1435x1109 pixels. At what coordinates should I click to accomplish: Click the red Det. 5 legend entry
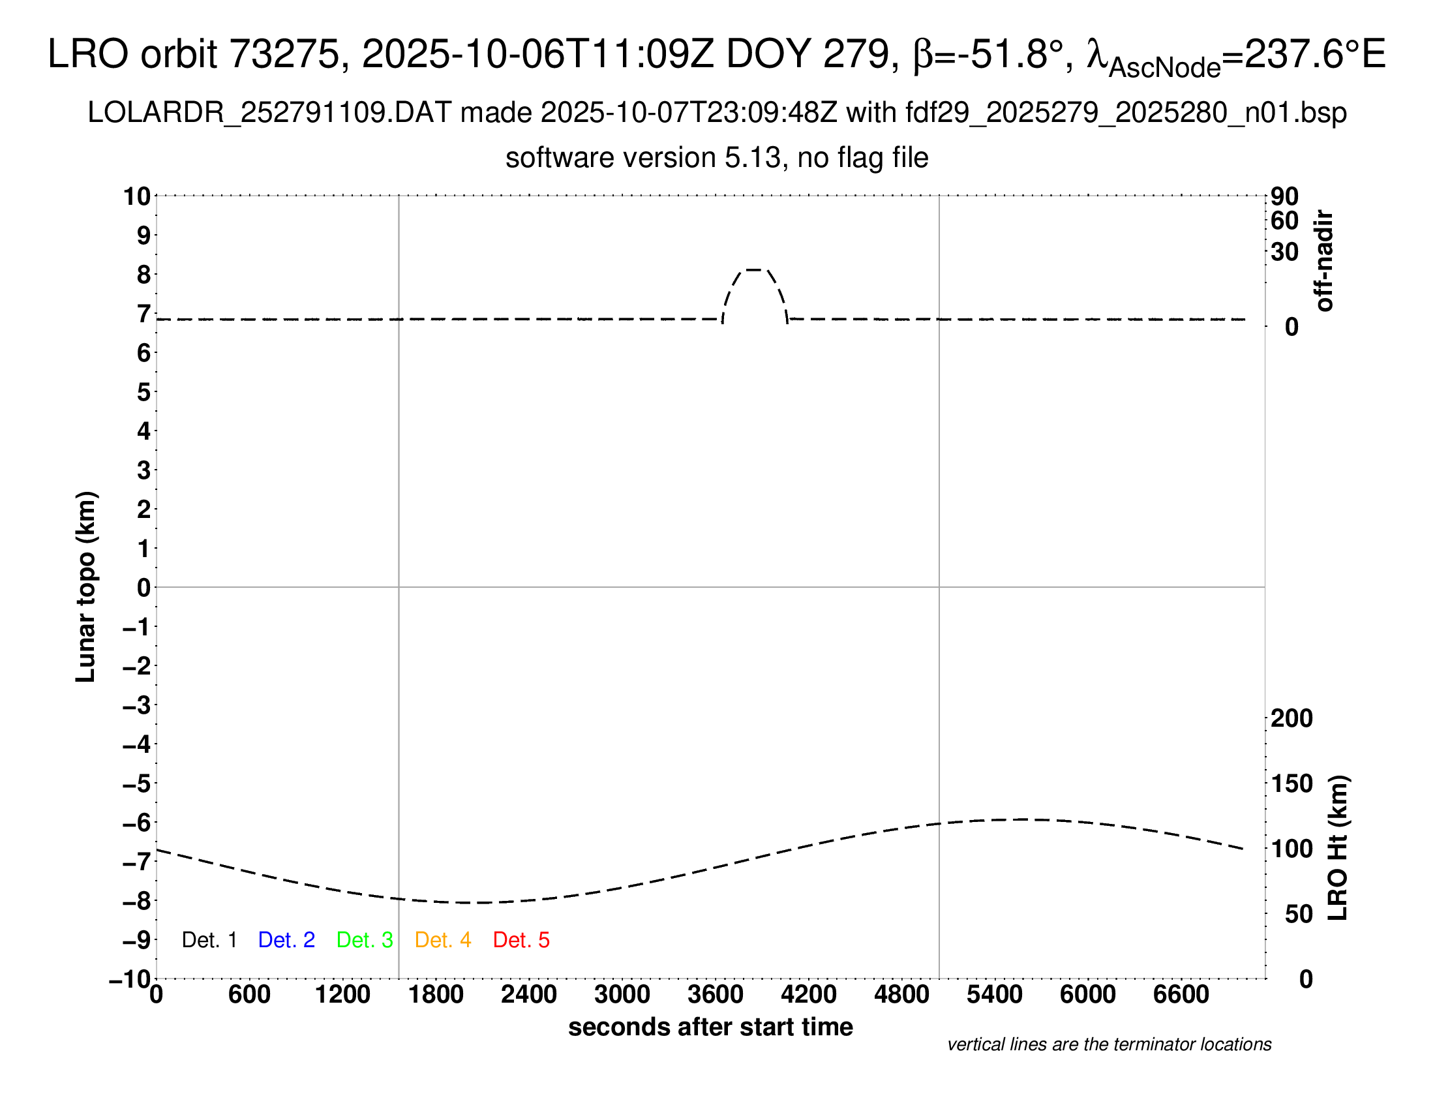pyautogui.click(x=521, y=940)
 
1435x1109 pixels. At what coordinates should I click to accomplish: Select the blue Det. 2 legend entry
pyautogui.click(x=286, y=940)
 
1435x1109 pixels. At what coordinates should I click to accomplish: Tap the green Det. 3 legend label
pyautogui.click(x=365, y=940)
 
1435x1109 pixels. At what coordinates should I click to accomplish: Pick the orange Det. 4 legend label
pyautogui.click(x=443, y=940)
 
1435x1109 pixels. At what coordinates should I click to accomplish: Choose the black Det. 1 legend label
pyautogui.click(x=209, y=940)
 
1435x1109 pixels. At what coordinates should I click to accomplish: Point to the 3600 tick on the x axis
pyautogui.click(x=715, y=995)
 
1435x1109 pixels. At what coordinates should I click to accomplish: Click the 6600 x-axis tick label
pyautogui.click(x=1181, y=995)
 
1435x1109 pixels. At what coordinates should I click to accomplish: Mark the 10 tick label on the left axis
pyautogui.click(x=138, y=196)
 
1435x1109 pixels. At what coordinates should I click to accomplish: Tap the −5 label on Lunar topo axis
pyautogui.click(x=137, y=783)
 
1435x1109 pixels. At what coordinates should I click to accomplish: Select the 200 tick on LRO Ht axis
pyautogui.click(x=1291, y=718)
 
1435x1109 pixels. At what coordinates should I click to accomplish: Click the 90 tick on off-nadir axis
pyautogui.click(x=1284, y=196)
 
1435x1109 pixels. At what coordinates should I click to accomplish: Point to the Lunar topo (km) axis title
pyautogui.click(x=86, y=586)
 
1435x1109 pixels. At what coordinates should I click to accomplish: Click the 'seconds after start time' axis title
pyautogui.click(x=710, y=1027)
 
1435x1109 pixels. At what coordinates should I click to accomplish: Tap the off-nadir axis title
pyautogui.click(x=1324, y=261)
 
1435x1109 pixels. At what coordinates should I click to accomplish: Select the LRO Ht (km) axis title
pyautogui.click(x=1338, y=848)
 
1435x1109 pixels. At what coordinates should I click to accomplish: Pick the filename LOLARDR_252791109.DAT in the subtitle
pyautogui.click(x=269, y=113)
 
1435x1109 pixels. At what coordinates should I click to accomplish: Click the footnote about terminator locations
pyautogui.click(x=1109, y=1044)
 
